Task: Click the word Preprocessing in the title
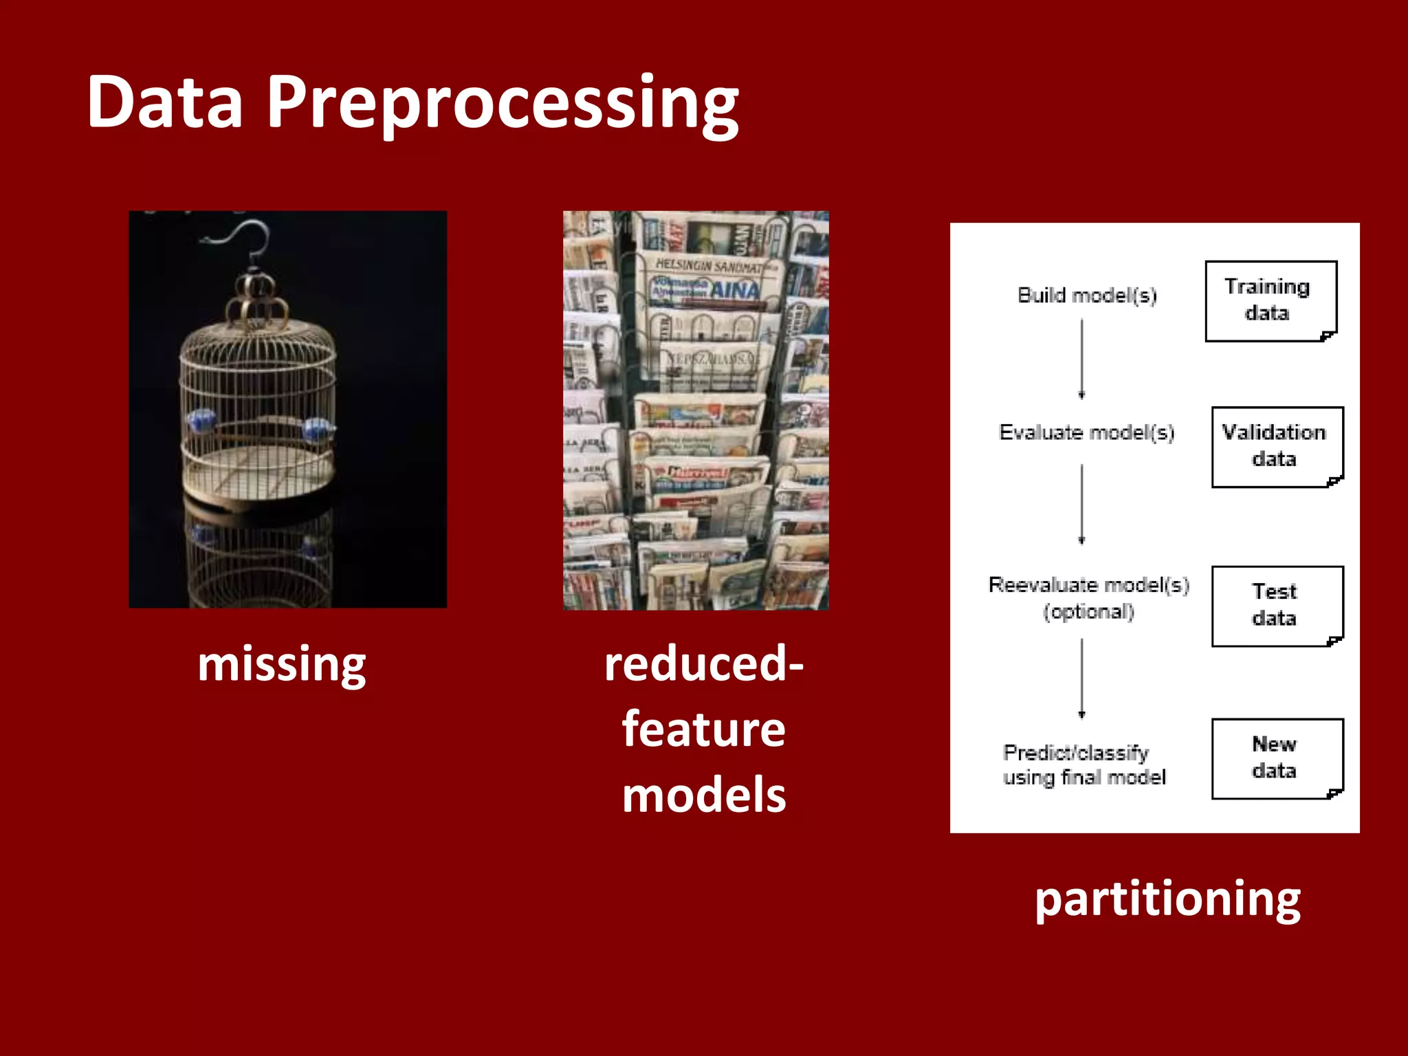[502, 103]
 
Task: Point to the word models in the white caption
[703, 795]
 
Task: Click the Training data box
[1270, 300]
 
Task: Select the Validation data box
[1277, 446]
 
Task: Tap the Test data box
[1277, 606]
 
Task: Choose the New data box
[1277, 758]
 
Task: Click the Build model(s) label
[1087, 296]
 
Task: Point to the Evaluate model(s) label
[1086, 432]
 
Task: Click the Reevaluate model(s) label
[1088, 585]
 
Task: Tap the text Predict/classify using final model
[1084, 764]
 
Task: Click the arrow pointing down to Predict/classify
[1081, 678]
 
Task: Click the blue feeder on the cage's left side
[201, 420]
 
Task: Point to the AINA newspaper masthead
[734, 290]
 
